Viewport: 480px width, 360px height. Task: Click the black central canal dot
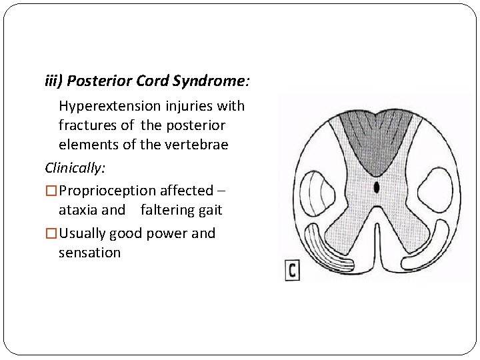coord(377,187)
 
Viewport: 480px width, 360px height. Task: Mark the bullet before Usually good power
coord(51,233)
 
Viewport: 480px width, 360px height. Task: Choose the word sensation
coord(89,253)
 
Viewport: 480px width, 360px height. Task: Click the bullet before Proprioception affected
coord(51,191)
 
